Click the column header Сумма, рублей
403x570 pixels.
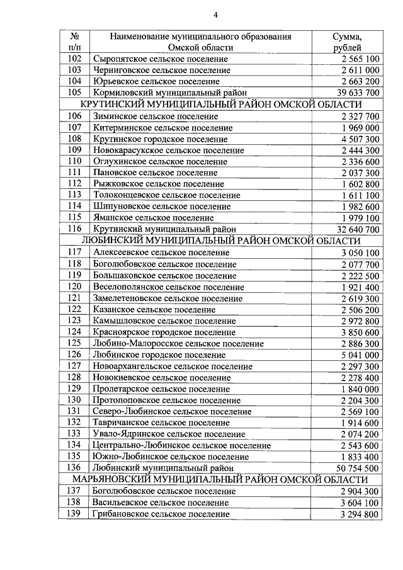tap(347, 42)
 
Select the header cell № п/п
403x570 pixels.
tap(74, 42)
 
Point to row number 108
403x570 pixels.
tap(75, 139)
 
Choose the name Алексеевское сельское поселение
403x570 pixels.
tap(161, 253)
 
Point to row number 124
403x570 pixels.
tap(75, 332)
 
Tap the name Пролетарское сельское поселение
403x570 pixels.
tap(161, 389)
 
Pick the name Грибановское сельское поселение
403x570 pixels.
tap(161, 514)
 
